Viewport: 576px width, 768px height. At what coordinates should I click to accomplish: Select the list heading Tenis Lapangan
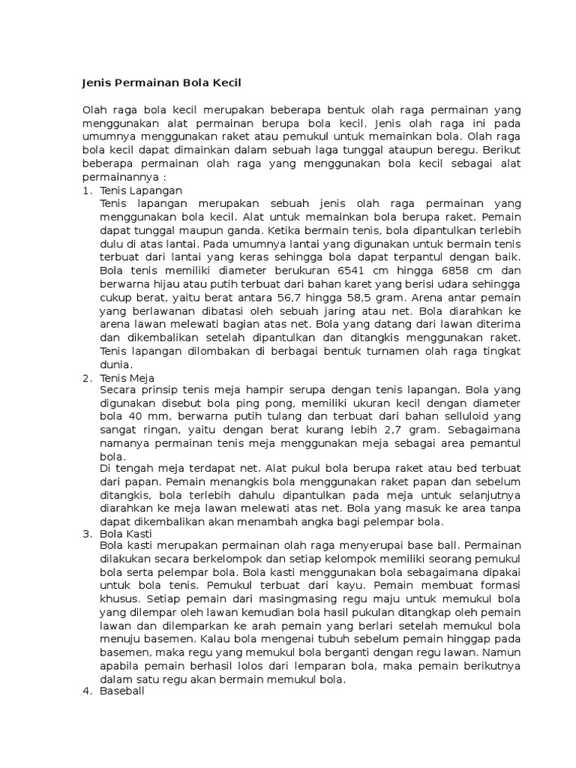tap(141, 191)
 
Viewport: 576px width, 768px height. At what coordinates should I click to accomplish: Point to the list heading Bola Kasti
tap(125, 533)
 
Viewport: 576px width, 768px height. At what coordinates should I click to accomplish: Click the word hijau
tap(175, 283)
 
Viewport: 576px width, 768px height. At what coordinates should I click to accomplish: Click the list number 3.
tap(85, 533)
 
